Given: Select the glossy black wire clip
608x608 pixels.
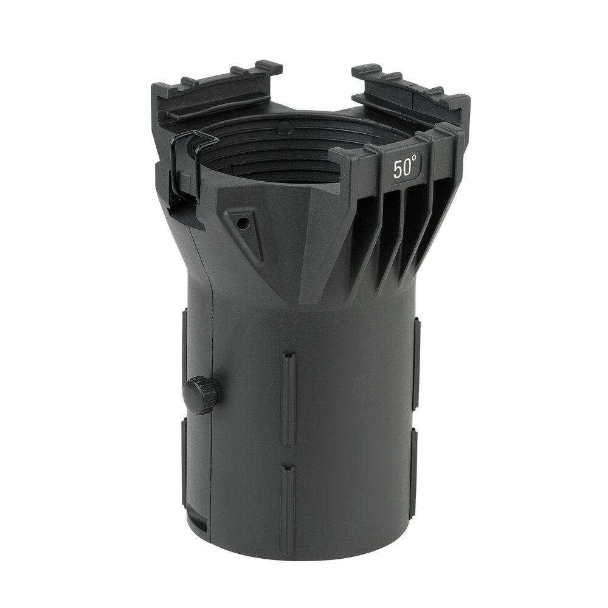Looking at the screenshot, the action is [186, 163].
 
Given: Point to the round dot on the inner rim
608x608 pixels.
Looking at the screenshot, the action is [285, 125].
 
